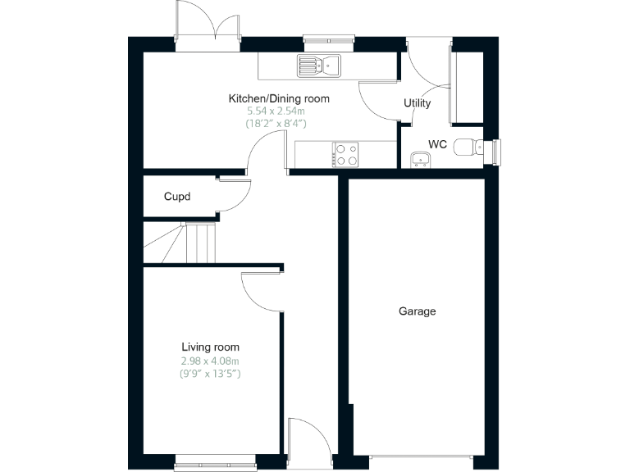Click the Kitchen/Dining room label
(278, 99)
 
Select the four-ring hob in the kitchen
(346, 154)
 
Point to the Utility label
(417, 103)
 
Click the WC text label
(438, 144)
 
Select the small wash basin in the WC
(421, 159)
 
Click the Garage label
(417, 311)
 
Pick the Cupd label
(177, 197)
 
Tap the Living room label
(210, 347)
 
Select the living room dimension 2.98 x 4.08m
(210, 361)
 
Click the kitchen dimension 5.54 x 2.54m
(278, 111)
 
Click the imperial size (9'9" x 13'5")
(210, 374)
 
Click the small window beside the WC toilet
(495, 151)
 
